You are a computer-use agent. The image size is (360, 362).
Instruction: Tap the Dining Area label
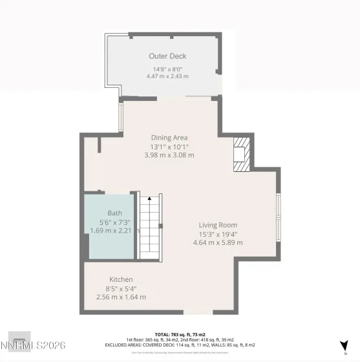click(169, 137)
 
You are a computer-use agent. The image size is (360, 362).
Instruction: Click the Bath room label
click(114, 213)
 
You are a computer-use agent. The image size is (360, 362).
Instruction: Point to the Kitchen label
click(121, 279)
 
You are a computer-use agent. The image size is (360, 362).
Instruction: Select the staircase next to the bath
click(150, 226)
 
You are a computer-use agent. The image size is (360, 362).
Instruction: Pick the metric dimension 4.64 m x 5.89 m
click(218, 242)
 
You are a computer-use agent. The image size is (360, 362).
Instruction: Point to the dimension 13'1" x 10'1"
click(169, 146)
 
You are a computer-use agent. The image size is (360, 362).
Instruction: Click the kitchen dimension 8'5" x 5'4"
click(121, 288)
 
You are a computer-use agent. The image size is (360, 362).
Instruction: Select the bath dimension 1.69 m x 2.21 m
click(114, 229)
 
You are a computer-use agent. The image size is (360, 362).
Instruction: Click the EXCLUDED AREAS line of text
click(180, 345)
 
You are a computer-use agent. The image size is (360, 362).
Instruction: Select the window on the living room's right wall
click(279, 207)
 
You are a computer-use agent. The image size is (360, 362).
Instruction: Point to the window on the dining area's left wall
click(120, 116)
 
